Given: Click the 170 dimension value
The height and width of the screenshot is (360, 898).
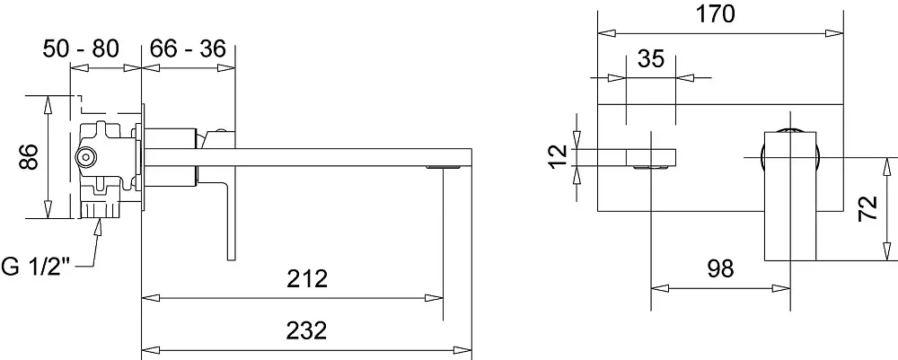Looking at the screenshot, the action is click(x=715, y=14).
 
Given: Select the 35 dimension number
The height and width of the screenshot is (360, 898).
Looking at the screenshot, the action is click(x=650, y=58).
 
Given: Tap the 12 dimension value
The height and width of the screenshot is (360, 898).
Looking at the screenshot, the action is click(x=558, y=155).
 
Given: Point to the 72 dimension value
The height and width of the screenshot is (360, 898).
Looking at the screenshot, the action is click(x=868, y=207).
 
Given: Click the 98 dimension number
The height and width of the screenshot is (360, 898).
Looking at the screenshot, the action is click(x=720, y=268).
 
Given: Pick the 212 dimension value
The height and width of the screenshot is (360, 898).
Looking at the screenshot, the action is click(x=307, y=278).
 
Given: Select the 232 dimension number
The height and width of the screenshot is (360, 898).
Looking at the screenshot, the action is click(x=307, y=330).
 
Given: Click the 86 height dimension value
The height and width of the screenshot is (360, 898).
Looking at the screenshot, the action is click(x=30, y=157).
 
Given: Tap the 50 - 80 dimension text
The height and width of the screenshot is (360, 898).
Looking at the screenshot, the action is click(x=81, y=48).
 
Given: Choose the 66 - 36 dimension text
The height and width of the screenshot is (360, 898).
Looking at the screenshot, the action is click(x=188, y=48).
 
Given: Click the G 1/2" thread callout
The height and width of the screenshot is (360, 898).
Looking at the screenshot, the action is click(x=36, y=267).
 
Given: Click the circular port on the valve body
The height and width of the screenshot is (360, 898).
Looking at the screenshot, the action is click(x=86, y=156).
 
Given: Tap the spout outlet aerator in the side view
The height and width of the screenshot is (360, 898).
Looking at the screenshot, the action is click(x=443, y=167).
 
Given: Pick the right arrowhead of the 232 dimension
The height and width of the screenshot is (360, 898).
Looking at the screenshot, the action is click(x=463, y=350).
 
